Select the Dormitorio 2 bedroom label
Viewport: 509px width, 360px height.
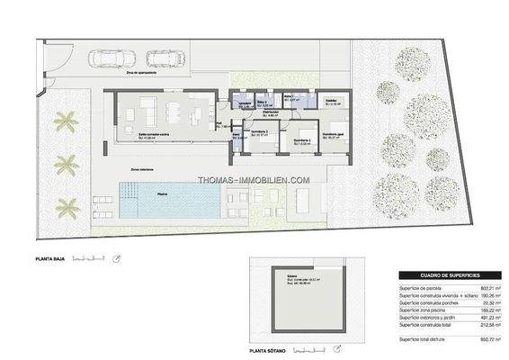[263, 134]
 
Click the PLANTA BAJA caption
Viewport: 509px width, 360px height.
[53, 261]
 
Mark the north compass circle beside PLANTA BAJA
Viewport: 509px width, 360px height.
[116, 261]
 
